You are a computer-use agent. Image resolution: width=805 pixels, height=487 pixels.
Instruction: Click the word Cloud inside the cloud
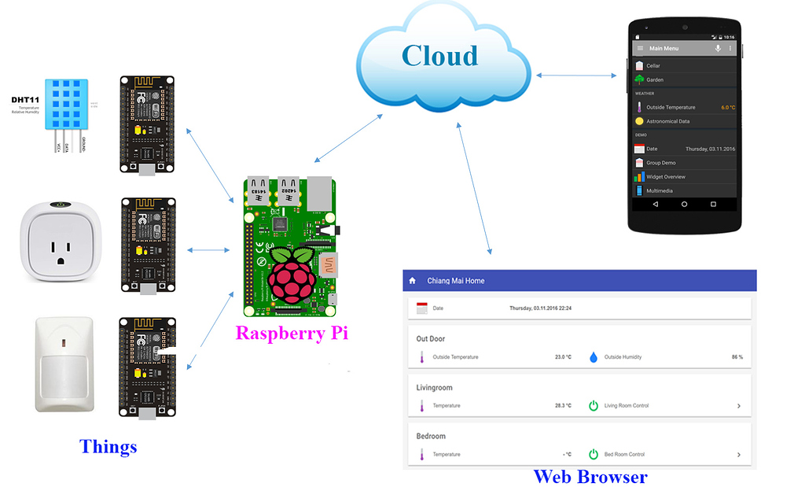[439, 55]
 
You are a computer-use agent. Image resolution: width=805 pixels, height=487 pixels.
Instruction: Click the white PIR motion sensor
[64, 363]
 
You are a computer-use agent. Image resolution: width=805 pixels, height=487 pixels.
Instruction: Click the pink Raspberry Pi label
[292, 333]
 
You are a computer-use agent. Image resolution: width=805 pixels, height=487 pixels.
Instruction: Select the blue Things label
[108, 447]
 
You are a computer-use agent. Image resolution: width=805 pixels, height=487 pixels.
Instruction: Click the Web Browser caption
[590, 476]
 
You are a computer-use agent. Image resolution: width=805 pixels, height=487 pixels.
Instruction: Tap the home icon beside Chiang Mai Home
[412, 281]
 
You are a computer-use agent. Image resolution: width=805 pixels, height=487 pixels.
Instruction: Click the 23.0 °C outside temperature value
[563, 357]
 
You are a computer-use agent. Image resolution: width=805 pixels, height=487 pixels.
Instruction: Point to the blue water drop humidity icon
[594, 357]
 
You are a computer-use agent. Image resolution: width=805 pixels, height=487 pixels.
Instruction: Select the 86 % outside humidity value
[737, 357]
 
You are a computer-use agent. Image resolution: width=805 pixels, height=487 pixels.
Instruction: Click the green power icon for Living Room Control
[594, 406]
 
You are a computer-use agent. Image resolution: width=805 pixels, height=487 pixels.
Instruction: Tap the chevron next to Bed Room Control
[738, 455]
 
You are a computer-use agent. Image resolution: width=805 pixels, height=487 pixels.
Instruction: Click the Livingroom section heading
[434, 388]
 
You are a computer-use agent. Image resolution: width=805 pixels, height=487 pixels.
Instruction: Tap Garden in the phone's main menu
[655, 79]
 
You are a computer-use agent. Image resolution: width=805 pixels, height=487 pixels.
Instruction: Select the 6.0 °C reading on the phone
[727, 107]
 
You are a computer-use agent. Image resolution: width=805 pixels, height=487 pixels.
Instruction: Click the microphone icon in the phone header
[718, 49]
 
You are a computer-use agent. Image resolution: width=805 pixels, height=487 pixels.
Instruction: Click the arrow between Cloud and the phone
[576, 76]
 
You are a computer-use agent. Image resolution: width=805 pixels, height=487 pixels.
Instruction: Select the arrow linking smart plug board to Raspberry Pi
[208, 250]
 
